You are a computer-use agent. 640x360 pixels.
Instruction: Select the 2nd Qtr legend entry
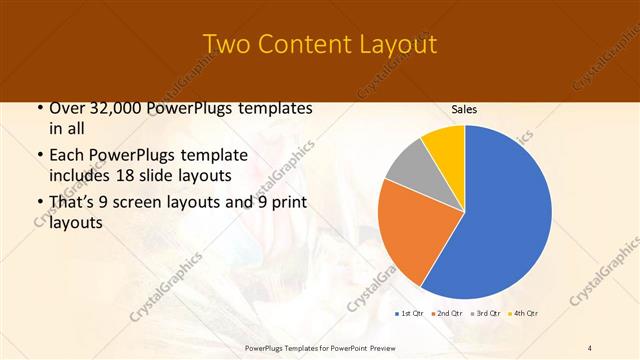click(x=448, y=314)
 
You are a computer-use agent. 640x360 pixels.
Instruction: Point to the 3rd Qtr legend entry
click(x=487, y=314)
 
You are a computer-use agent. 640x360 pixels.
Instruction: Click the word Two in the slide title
click(x=226, y=45)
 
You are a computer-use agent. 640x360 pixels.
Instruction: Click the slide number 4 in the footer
click(x=590, y=347)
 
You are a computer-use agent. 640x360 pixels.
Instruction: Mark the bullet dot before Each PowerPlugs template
click(x=38, y=156)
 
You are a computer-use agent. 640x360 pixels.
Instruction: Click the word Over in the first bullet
click(x=67, y=108)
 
